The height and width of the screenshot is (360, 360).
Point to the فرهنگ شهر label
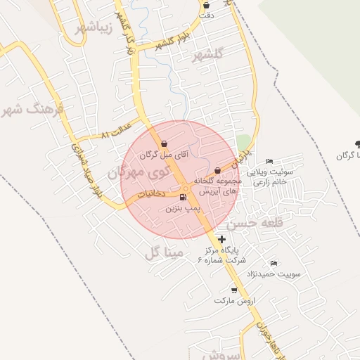point(32,109)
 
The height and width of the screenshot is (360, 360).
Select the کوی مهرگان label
point(139,170)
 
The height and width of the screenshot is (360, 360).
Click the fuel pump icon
point(184,197)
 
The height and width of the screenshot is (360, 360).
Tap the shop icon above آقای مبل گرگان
point(164,143)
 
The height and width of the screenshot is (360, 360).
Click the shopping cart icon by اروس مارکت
point(233,290)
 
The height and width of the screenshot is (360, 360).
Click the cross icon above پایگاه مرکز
point(222,239)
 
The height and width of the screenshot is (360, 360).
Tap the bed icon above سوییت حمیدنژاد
point(274,263)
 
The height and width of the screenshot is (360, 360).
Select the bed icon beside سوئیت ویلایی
point(271,161)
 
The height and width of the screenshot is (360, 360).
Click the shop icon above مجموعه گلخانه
point(217,170)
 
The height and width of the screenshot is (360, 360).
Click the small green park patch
point(243,143)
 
